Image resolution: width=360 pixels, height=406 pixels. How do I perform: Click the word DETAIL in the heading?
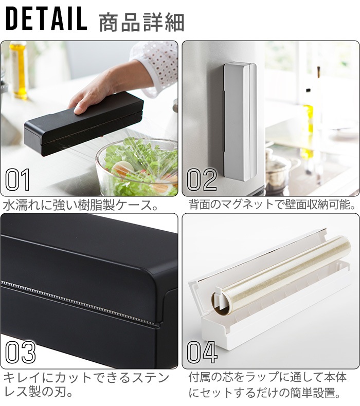[46, 19]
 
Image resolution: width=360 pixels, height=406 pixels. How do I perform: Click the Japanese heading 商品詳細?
[141, 23]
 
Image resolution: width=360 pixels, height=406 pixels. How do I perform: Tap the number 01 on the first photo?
[17, 180]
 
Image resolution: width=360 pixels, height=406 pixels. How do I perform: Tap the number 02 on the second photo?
[202, 180]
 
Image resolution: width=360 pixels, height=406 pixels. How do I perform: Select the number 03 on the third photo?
[21, 352]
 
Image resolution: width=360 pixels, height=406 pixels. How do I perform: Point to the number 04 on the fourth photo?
[202, 352]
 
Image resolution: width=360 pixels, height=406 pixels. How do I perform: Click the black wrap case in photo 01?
[84, 124]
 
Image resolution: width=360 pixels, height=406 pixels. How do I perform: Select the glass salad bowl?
[137, 168]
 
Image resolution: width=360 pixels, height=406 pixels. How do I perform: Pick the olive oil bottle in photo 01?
[19, 70]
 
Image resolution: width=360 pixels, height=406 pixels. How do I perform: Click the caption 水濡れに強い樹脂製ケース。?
[81, 206]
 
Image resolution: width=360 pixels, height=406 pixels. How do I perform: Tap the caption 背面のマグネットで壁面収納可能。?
[272, 205]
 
